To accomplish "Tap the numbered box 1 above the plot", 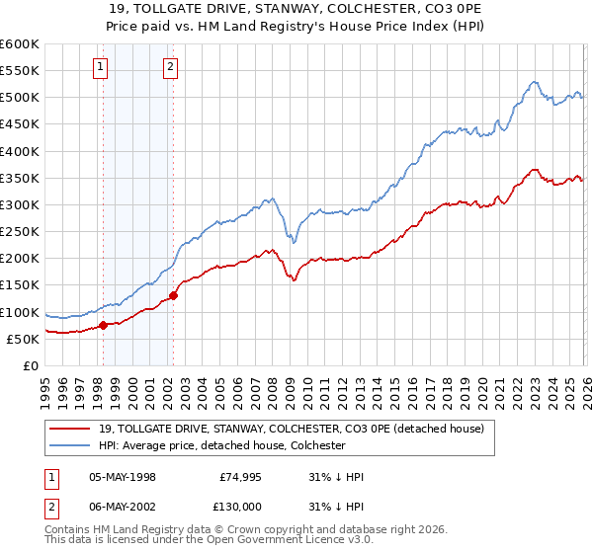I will [x=102, y=67].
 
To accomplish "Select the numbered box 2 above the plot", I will [x=171, y=67].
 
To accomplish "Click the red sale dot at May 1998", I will [x=103, y=325].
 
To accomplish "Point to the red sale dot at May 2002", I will [x=173, y=295].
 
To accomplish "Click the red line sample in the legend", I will [x=71, y=430].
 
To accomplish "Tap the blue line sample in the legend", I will [x=71, y=446].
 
